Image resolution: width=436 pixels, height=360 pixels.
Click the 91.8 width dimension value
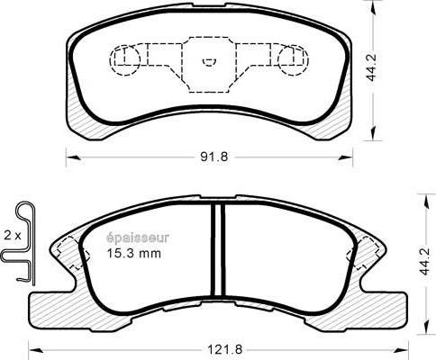pos(208,157)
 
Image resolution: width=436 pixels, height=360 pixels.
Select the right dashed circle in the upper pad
pos(292,60)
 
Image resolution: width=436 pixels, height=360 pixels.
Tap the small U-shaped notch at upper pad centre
pos(208,63)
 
